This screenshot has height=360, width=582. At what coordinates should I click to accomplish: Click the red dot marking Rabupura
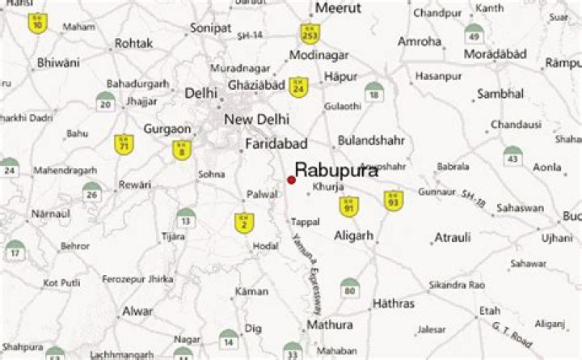tap(291, 180)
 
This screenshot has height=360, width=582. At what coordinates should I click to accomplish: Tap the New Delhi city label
tap(257, 120)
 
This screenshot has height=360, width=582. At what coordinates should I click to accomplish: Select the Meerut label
tap(338, 8)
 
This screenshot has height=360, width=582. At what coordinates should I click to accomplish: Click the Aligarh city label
tap(354, 235)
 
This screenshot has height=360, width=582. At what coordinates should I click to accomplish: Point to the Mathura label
tap(329, 324)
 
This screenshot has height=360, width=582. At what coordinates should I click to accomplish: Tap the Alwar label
tap(137, 311)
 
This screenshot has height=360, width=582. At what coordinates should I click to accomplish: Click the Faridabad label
tap(276, 144)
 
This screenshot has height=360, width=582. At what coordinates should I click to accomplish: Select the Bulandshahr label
tap(371, 140)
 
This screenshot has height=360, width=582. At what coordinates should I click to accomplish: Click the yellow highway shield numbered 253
tap(309, 34)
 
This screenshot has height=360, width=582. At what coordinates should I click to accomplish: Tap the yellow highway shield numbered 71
tap(124, 144)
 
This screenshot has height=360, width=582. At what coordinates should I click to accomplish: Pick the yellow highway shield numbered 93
tap(394, 201)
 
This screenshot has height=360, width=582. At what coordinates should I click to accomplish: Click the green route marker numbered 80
tap(349, 288)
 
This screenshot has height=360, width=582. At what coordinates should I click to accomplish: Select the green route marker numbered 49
tap(474, 35)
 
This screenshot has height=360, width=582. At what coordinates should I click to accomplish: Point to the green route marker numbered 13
tap(186, 218)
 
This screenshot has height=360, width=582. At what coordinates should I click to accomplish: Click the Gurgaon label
tap(167, 129)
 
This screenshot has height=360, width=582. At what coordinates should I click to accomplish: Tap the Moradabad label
tap(496, 54)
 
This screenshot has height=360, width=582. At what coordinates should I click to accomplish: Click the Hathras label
tap(394, 303)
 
